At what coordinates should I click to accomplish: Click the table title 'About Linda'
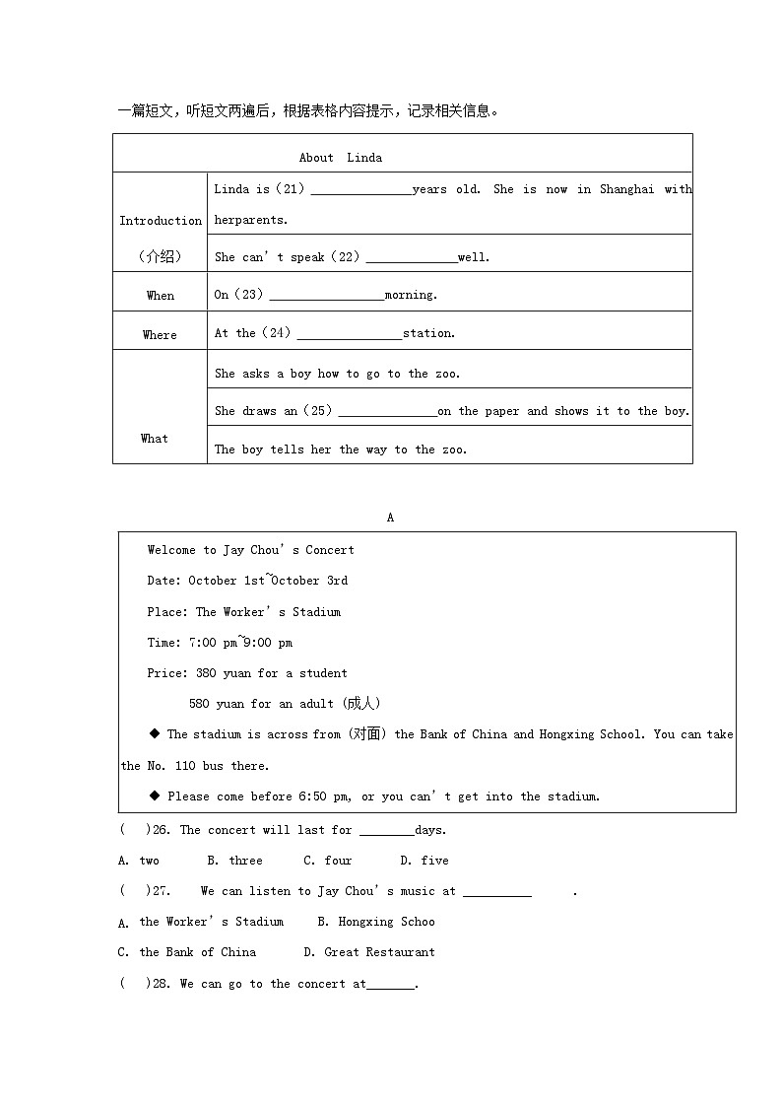tap(341, 158)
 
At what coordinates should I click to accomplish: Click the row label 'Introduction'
tap(161, 221)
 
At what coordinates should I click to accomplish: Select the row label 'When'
tap(161, 296)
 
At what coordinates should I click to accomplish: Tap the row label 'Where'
tap(160, 335)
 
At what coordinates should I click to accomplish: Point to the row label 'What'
tap(155, 439)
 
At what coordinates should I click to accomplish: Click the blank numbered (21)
tap(361, 190)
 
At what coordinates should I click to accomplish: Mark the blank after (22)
tap(412, 258)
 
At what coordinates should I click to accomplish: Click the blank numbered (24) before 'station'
tap(350, 334)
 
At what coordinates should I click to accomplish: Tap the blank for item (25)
tap(387, 412)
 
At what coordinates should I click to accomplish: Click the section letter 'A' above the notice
tap(390, 518)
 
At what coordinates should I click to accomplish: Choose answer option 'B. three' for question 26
tap(234, 861)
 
